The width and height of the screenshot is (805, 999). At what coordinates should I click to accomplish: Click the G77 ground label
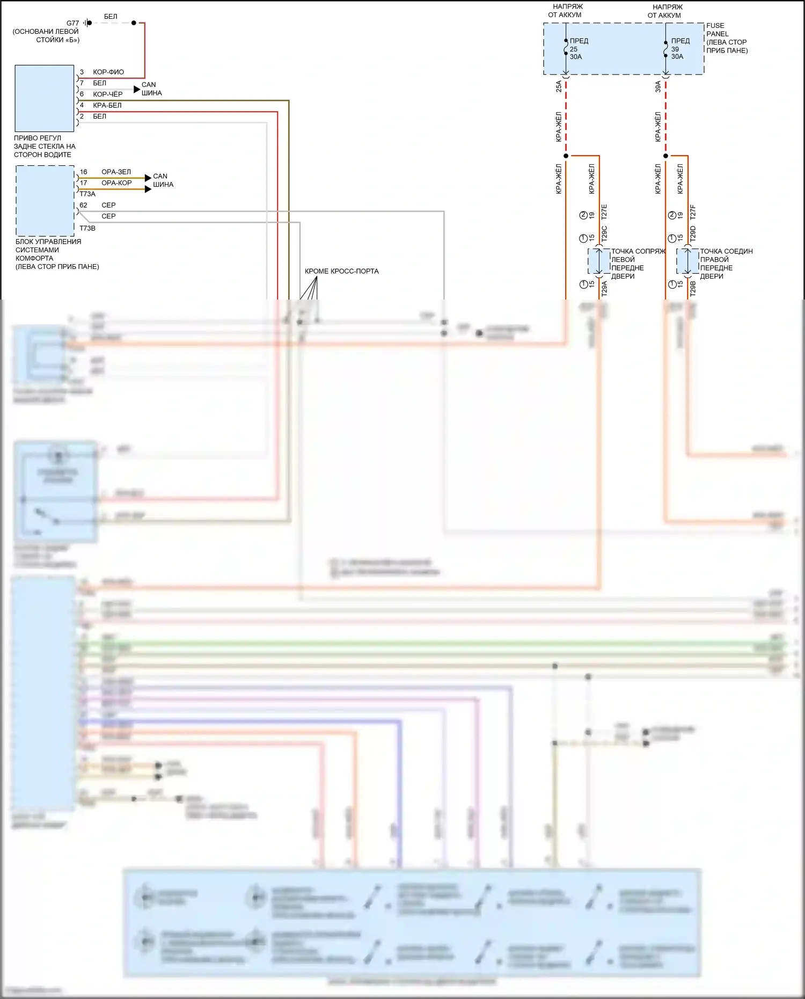[x=72, y=23]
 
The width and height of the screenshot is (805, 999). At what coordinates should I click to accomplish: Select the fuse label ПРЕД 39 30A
[x=679, y=49]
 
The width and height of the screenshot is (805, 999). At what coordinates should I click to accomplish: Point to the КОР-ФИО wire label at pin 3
[x=108, y=72]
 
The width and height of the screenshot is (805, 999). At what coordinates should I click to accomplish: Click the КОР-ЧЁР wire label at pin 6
[x=108, y=94]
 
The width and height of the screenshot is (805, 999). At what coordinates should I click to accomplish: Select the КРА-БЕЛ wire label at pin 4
[x=107, y=105]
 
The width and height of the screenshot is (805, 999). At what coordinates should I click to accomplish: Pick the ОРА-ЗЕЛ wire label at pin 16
[x=116, y=172]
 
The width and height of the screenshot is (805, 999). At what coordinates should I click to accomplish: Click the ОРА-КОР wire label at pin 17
[x=116, y=183]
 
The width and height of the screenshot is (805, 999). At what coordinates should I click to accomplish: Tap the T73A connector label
[x=87, y=194]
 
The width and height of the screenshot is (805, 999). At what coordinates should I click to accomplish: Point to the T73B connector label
[x=87, y=228]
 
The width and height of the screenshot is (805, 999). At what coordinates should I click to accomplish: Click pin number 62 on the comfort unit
[x=83, y=205]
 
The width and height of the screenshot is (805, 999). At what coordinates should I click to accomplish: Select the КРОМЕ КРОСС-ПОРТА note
[x=341, y=271]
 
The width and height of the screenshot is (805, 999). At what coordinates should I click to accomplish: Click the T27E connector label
[x=604, y=212]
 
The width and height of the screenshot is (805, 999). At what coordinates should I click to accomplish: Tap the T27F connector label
[x=692, y=212]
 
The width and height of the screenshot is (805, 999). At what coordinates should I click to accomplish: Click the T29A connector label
[x=604, y=288]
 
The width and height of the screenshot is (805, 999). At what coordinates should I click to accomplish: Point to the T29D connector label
[x=692, y=233]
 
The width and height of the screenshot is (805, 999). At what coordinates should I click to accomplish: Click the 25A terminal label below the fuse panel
[x=559, y=86]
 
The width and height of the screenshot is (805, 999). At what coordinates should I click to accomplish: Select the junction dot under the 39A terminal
[x=665, y=156]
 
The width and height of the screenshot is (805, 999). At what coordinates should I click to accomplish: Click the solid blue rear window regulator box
[x=45, y=98]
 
